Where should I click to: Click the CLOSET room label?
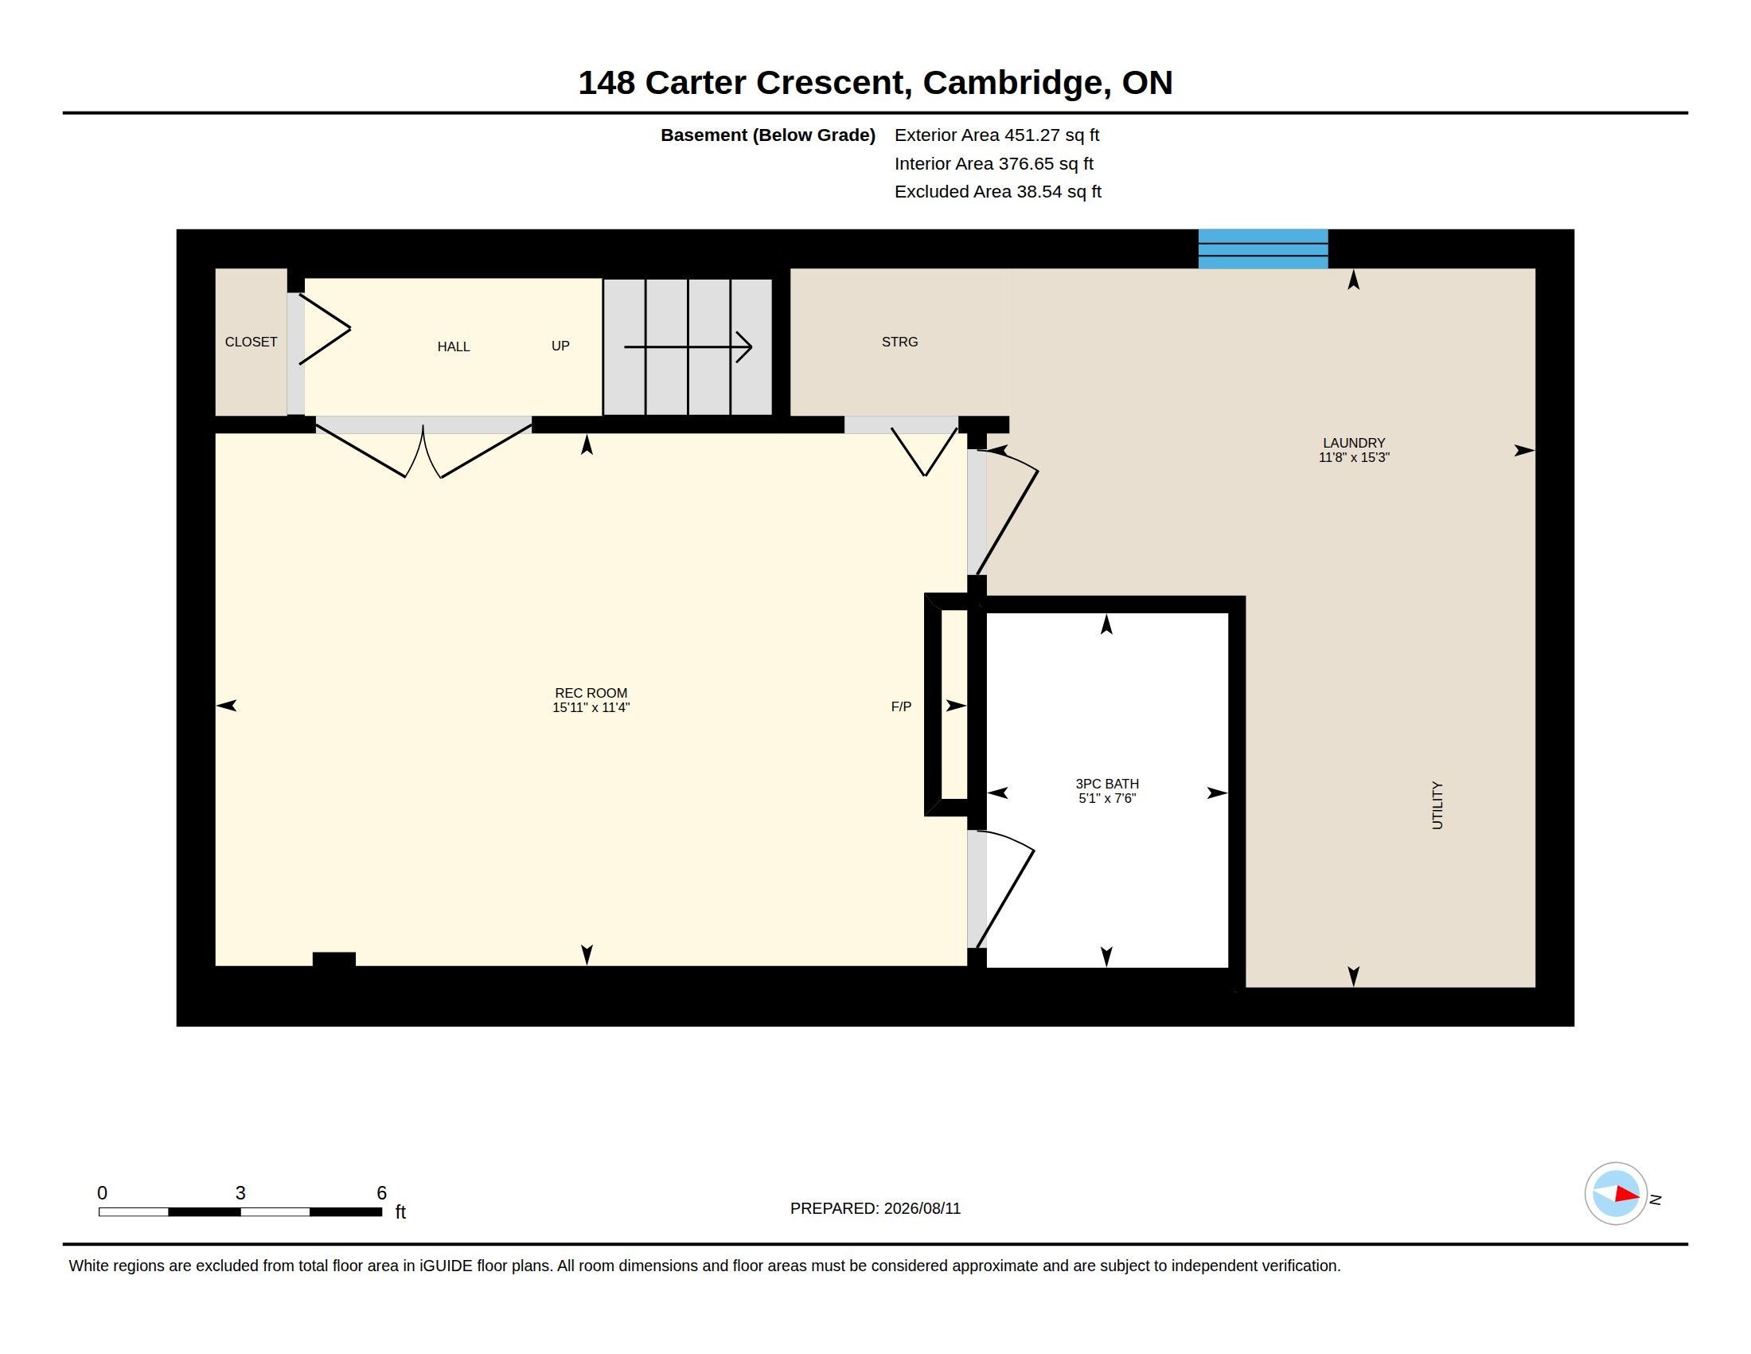tap(251, 342)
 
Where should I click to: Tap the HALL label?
tap(454, 346)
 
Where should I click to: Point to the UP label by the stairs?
tap(560, 346)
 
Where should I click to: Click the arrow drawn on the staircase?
tap(688, 346)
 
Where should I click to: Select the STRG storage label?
tap(899, 342)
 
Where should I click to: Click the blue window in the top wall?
tap(1263, 248)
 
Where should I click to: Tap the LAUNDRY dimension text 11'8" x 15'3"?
tap(1353, 457)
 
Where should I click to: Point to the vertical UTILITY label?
tap(1437, 805)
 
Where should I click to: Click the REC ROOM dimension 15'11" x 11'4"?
tap(591, 707)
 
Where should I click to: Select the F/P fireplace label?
tap(901, 706)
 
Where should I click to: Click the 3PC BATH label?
tap(1107, 784)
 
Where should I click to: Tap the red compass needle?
tap(1627, 1195)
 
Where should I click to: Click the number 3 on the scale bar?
tap(240, 1193)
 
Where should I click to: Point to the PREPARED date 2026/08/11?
tap(922, 1208)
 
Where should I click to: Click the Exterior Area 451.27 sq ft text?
tap(996, 135)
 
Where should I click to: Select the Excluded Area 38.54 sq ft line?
tap(997, 192)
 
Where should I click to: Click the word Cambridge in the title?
tap(1012, 83)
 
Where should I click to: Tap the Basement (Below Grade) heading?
tap(768, 135)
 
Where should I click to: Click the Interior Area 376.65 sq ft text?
tap(993, 163)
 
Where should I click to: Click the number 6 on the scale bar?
tap(381, 1193)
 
